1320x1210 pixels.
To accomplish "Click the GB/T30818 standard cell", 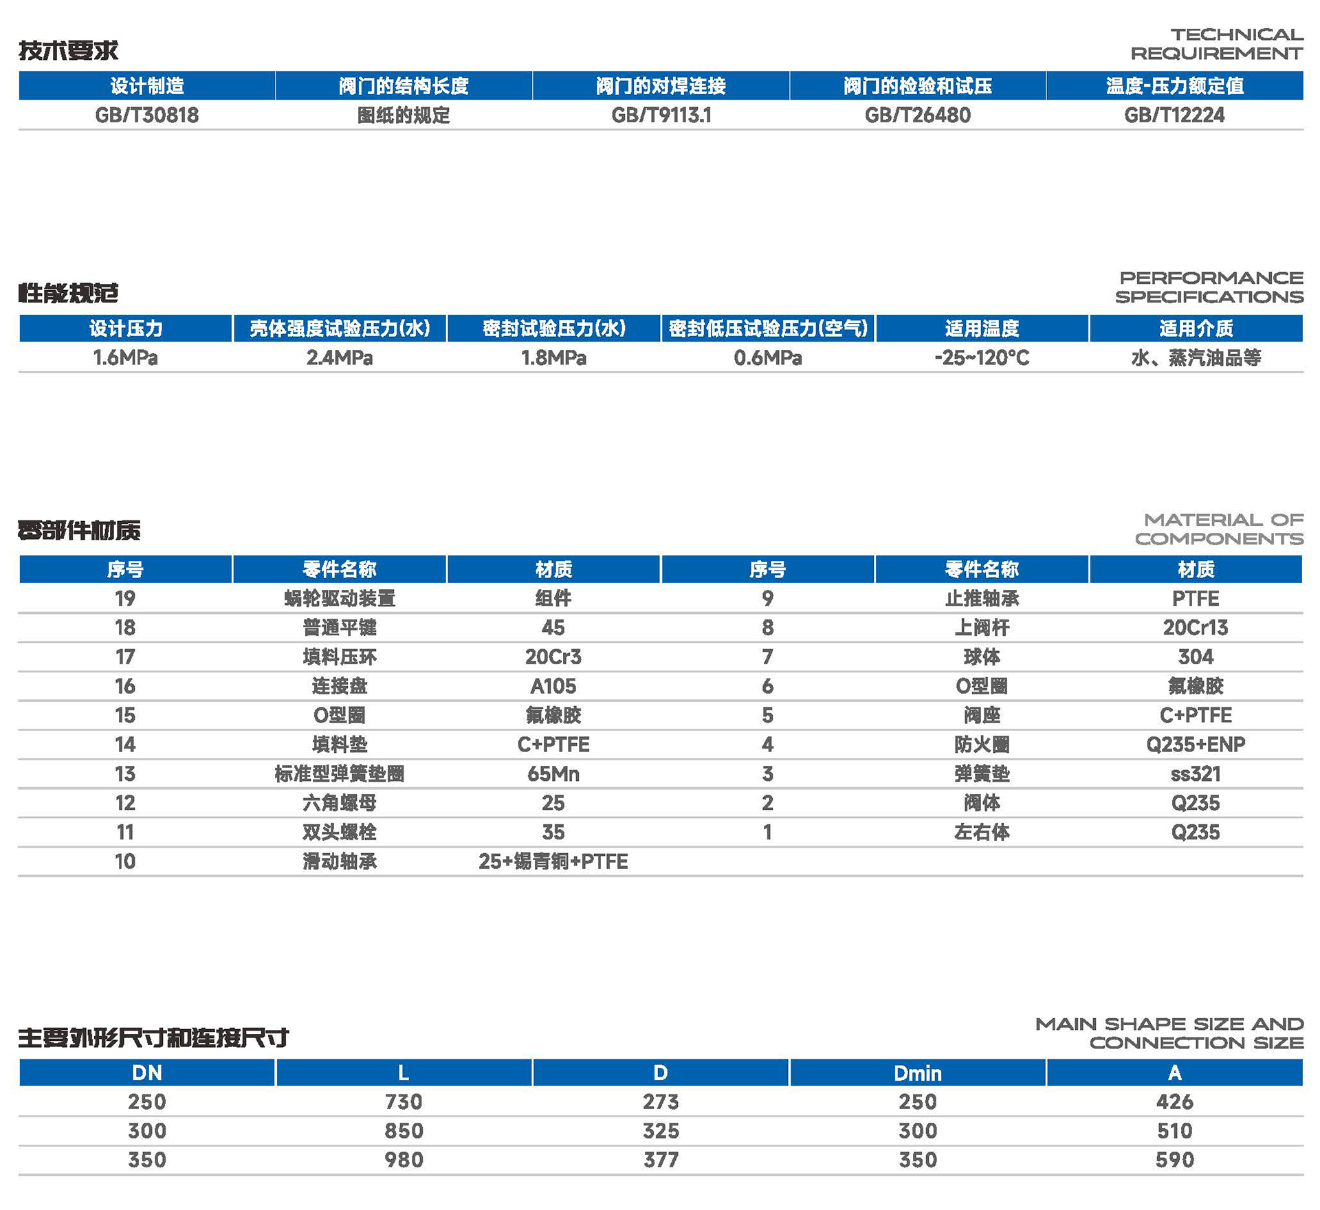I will pos(146,115).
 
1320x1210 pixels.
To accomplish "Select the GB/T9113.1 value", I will pos(661,115).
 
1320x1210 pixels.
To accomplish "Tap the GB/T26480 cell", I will pos(917,115).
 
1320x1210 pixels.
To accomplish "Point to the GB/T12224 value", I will pos(1174,115).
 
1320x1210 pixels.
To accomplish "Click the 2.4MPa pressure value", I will pos(340,357).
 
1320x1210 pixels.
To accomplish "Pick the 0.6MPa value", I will pos(767,357).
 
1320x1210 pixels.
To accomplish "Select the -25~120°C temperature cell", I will pos(982,357).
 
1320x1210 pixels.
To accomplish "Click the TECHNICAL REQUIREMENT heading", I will pos(1217,43).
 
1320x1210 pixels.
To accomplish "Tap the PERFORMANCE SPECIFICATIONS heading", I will pos(1209,287).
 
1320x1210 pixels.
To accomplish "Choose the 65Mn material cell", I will pos(553,774).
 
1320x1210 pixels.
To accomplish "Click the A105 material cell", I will pos(553,686).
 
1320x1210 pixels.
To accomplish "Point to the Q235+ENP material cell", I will pos(1196,745).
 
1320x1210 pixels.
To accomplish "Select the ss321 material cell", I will pos(1196,774).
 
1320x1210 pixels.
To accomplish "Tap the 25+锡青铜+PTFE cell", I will pos(553,861).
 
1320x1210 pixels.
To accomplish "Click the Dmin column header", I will pos(917,1072).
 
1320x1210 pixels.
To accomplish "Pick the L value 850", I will pos(404,1131).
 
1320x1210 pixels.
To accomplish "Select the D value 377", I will pos(661,1160).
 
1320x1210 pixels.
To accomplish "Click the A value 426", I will pos(1174,1102).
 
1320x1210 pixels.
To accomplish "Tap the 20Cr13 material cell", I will pos(1196,628).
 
